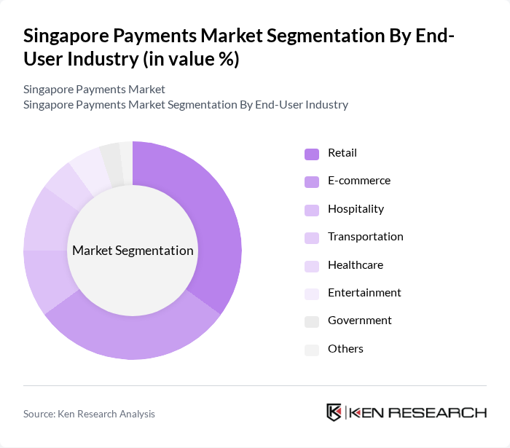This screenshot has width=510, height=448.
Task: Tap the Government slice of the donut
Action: [111, 155]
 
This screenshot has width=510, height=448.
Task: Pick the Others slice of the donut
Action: [126, 153]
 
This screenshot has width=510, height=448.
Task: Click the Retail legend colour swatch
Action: [312, 154]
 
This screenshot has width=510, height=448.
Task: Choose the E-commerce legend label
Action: [358, 181]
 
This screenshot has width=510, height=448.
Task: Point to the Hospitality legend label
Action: [356, 209]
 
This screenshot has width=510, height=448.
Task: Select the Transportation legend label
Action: [365, 237]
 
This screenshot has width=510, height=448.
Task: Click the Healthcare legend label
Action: [355, 265]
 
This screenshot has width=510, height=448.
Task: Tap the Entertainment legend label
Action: [364, 293]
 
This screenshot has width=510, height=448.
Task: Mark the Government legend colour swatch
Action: [312, 321]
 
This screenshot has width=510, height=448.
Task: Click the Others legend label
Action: [345, 349]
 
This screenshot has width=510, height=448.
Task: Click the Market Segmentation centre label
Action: [133, 251]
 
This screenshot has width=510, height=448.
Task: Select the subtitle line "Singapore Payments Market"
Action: [94, 90]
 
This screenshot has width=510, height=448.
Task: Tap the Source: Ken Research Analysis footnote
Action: [89, 414]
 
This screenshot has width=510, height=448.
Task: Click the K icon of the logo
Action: [334, 412]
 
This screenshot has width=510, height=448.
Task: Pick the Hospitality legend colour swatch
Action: [312, 210]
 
